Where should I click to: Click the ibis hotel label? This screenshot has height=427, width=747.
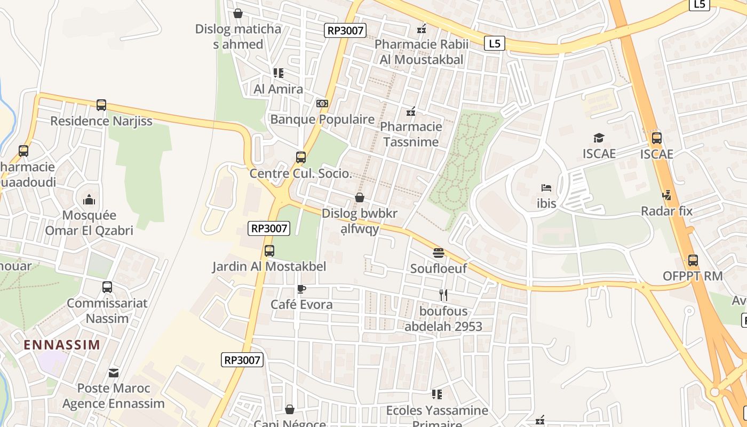point(546,203)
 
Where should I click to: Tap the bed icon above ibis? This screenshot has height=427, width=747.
point(546,188)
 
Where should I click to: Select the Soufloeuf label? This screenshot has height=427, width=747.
point(438,268)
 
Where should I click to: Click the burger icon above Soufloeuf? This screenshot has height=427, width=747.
point(439,252)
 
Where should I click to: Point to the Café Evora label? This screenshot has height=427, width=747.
point(301,305)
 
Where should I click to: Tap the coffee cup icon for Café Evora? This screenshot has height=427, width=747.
point(301,289)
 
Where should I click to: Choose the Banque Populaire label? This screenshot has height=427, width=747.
point(322,119)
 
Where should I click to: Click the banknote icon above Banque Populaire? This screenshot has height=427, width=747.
point(322,104)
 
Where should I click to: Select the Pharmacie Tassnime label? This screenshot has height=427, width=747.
point(411,134)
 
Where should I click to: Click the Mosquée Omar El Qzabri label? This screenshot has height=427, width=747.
point(89,223)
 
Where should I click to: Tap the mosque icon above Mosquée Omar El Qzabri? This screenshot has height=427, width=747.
point(89,200)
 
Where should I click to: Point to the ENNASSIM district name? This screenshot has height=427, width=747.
point(62,345)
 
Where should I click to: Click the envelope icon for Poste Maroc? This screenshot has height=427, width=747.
point(114,373)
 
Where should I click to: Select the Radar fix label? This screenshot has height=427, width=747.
point(666,211)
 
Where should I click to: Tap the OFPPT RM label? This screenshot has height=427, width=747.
point(692,276)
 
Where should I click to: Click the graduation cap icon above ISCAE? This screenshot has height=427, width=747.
point(599,138)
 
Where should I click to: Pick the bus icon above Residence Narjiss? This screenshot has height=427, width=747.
point(101,105)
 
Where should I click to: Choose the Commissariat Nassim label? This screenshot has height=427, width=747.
point(107,311)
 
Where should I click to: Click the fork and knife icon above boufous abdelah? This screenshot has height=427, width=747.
point(443,295)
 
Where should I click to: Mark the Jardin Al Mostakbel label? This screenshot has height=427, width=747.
point(269,266)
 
